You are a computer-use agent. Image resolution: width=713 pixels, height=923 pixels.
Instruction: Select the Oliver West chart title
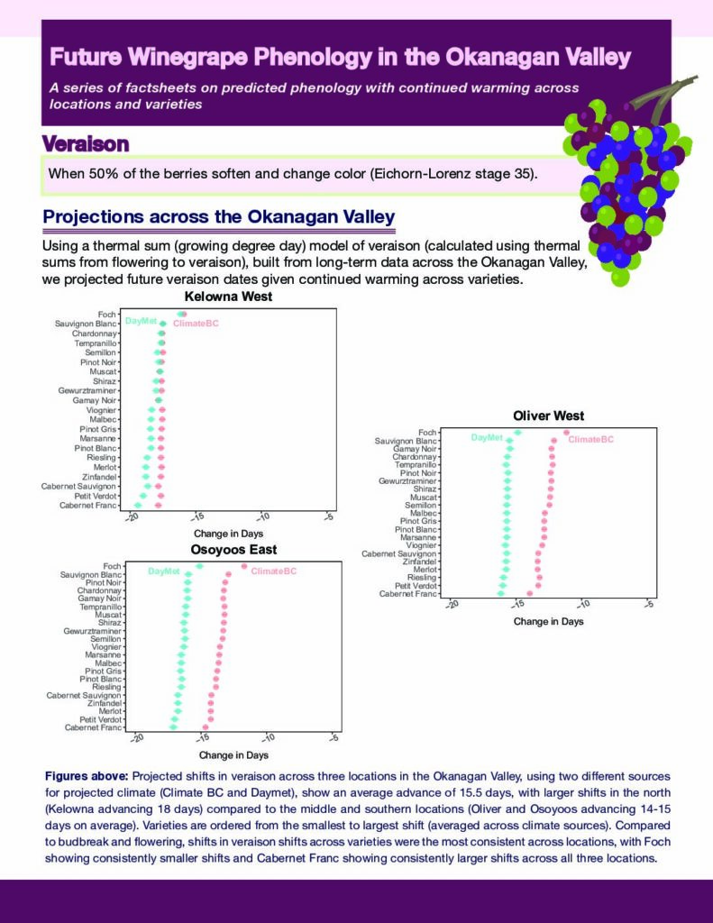[x=548, y=416]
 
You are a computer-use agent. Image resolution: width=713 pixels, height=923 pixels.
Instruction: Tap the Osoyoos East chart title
[x=233, y=549]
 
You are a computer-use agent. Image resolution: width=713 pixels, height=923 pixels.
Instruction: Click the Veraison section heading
[x=85, y=144]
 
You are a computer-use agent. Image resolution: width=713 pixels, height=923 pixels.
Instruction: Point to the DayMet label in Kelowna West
[x=141, y=320]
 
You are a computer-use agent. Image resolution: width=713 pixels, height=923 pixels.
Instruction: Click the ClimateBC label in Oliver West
[x=590, y=439]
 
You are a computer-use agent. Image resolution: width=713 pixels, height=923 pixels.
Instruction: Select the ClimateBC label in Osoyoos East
[x=273, y=571]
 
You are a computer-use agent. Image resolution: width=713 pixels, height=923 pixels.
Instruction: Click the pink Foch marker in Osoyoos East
[x=243, y=566]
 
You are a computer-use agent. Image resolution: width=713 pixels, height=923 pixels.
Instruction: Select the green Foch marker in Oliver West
[x=517, y=432]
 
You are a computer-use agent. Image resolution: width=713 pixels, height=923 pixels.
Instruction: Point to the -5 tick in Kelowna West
[x=329, y=517]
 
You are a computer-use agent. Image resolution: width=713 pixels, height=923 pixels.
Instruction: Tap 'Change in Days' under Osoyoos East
[x=233, y=755]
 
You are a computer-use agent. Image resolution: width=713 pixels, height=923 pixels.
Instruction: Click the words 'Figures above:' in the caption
[x=87, y=775]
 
